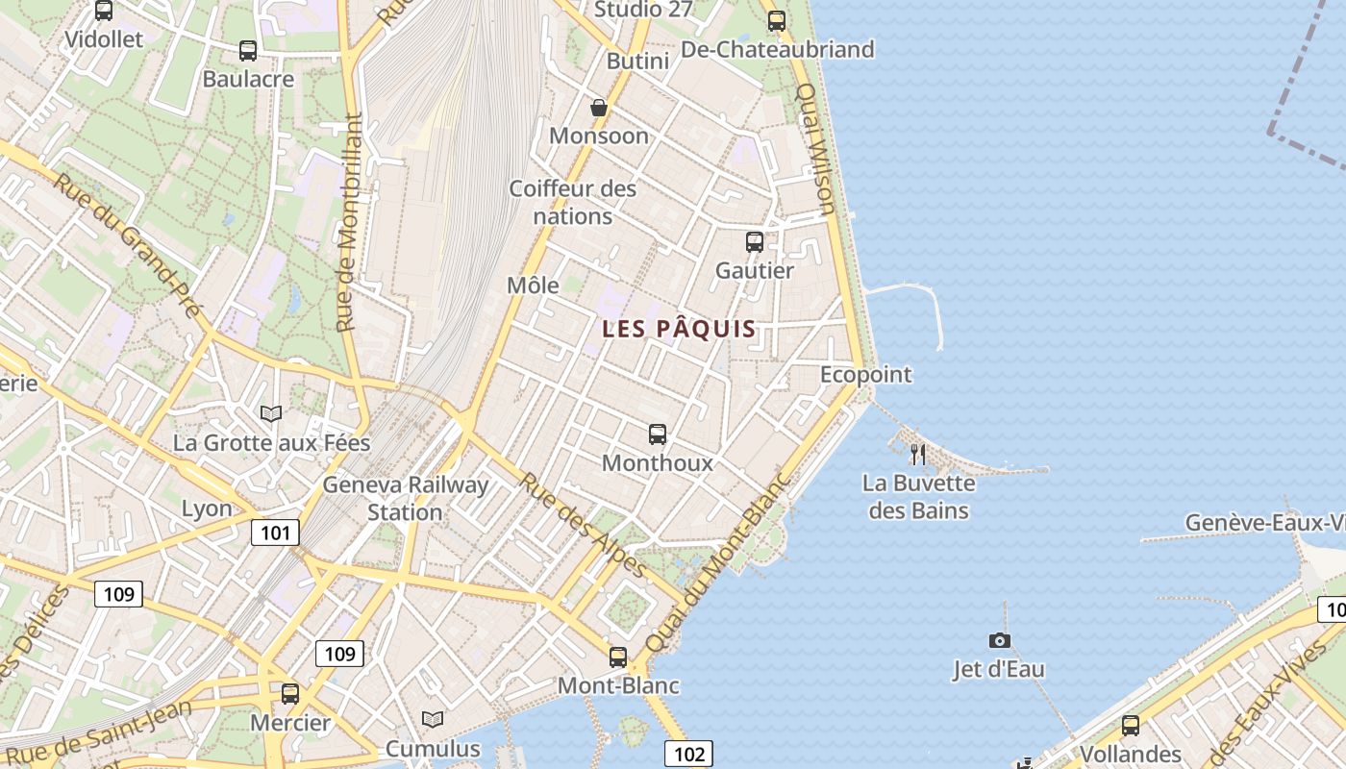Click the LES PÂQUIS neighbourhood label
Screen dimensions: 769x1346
click(x=679, y=329)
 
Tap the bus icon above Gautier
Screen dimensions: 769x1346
click(x=755, y=242)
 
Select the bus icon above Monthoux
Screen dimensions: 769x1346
click(x=658, y=434)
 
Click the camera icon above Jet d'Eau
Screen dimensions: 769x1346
click(x=1000, y=640)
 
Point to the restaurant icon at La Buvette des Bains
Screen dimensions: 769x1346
click(x=918, y=454)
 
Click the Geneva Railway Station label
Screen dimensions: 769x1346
click(x=405, y=498)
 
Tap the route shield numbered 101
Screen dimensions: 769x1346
click(x=275, y=533)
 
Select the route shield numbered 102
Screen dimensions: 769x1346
click(x=688, y=754)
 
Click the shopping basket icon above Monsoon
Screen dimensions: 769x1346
click(x=599, y=108)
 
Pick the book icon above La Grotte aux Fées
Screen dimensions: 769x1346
click(x=271, y=413)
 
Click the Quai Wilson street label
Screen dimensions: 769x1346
click(x=816, y=149)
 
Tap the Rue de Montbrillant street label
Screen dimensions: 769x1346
click(x=349, y=223)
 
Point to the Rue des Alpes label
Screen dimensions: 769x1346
click(x=583, y=525)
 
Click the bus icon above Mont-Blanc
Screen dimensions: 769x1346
click(x=618, y=657)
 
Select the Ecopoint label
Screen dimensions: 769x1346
click(x=865, y=374)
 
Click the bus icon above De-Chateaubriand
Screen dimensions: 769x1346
click(x=777, y=20)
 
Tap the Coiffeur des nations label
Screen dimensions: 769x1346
click(x=573, y=202)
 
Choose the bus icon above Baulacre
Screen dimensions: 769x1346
click(x=248, y=51)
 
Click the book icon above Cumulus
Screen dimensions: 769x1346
click(x=433, y=719)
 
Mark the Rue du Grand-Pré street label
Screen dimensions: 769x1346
click(x=127, y=244)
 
